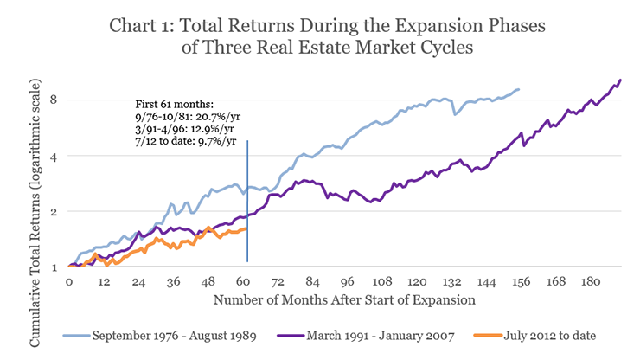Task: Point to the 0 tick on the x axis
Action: coord(68,282)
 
